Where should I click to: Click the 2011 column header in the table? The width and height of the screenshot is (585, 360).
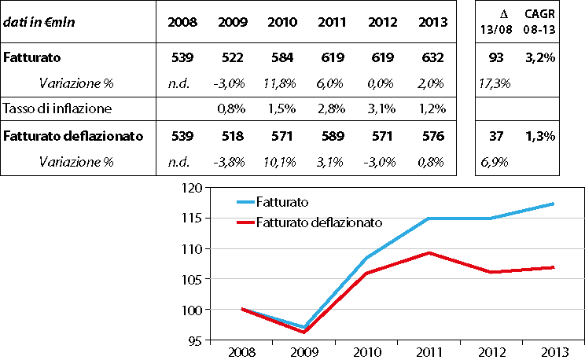(x=333, y=22)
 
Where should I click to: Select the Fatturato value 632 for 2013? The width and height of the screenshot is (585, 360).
(x=432, y=57)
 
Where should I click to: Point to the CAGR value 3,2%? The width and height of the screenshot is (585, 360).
(x=540, y=57)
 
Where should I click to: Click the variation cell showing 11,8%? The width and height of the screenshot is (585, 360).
(x=281, y=82)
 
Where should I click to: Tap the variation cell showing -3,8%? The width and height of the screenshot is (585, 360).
(x=230, y=162)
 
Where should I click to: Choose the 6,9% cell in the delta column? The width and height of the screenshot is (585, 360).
(x=492, y=162)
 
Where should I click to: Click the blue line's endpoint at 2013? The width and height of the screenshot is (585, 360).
(x=554, y=204)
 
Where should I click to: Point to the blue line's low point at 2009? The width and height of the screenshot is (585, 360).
(x=304, y=327)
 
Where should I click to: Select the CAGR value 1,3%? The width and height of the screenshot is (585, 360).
(x=540, y=135)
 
